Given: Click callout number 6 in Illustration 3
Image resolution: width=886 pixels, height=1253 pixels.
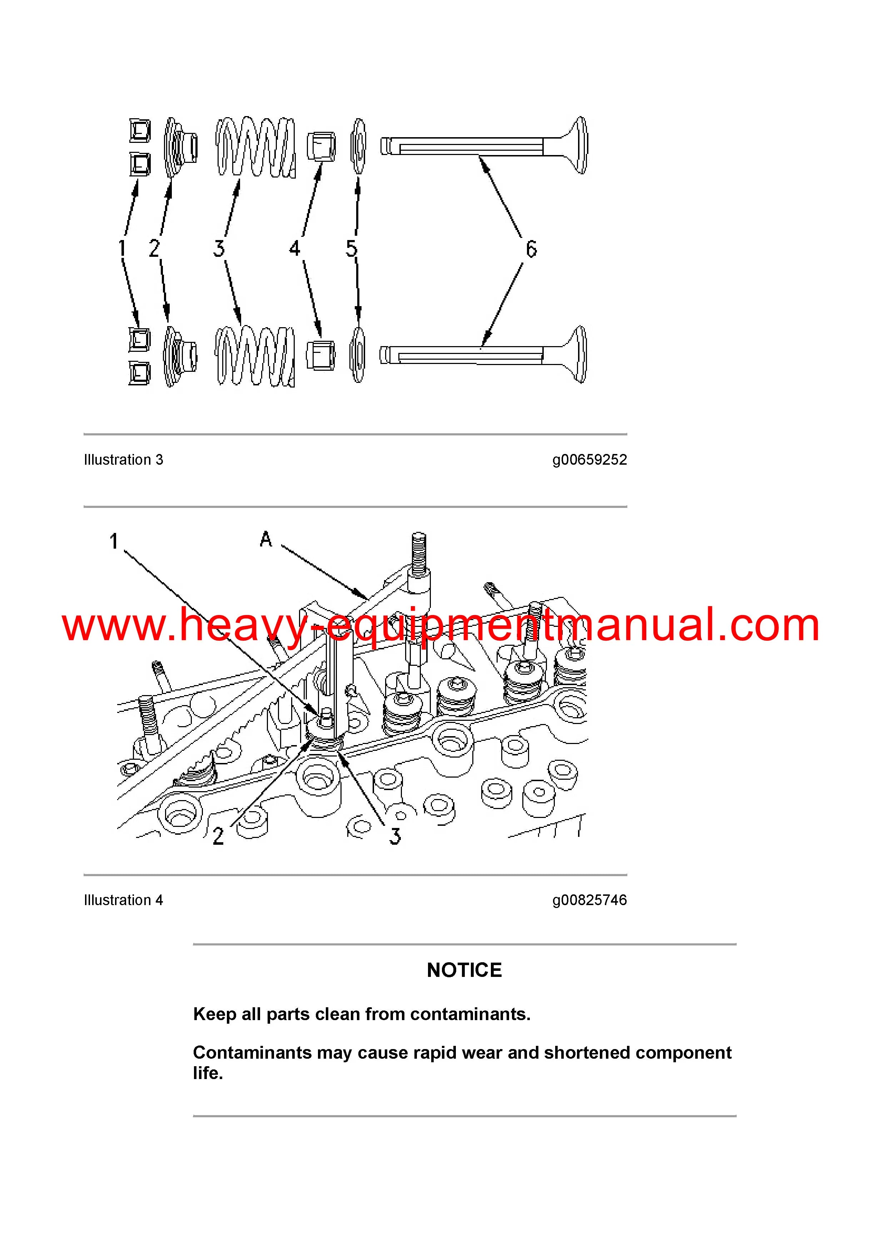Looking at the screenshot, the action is click(x=531, y=249).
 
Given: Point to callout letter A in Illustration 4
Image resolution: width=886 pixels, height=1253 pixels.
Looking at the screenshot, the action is click(x=266, y=539).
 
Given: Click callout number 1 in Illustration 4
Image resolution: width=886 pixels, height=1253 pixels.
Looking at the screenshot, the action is click(x=114, y=541).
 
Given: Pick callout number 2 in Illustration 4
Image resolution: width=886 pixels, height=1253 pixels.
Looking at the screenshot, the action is click(x=218, y=836).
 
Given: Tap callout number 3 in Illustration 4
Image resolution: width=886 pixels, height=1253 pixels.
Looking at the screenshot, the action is click(x=395, y=836).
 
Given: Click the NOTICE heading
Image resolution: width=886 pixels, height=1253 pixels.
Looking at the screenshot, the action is click(x=464, y=970).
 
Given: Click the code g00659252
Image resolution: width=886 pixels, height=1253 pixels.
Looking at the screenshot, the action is click(x=589, y=460).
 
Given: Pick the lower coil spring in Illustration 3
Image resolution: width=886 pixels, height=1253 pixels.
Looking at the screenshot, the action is click(x=255, y=356).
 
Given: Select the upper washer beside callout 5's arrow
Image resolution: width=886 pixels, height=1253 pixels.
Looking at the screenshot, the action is click(x=358, y=146).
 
